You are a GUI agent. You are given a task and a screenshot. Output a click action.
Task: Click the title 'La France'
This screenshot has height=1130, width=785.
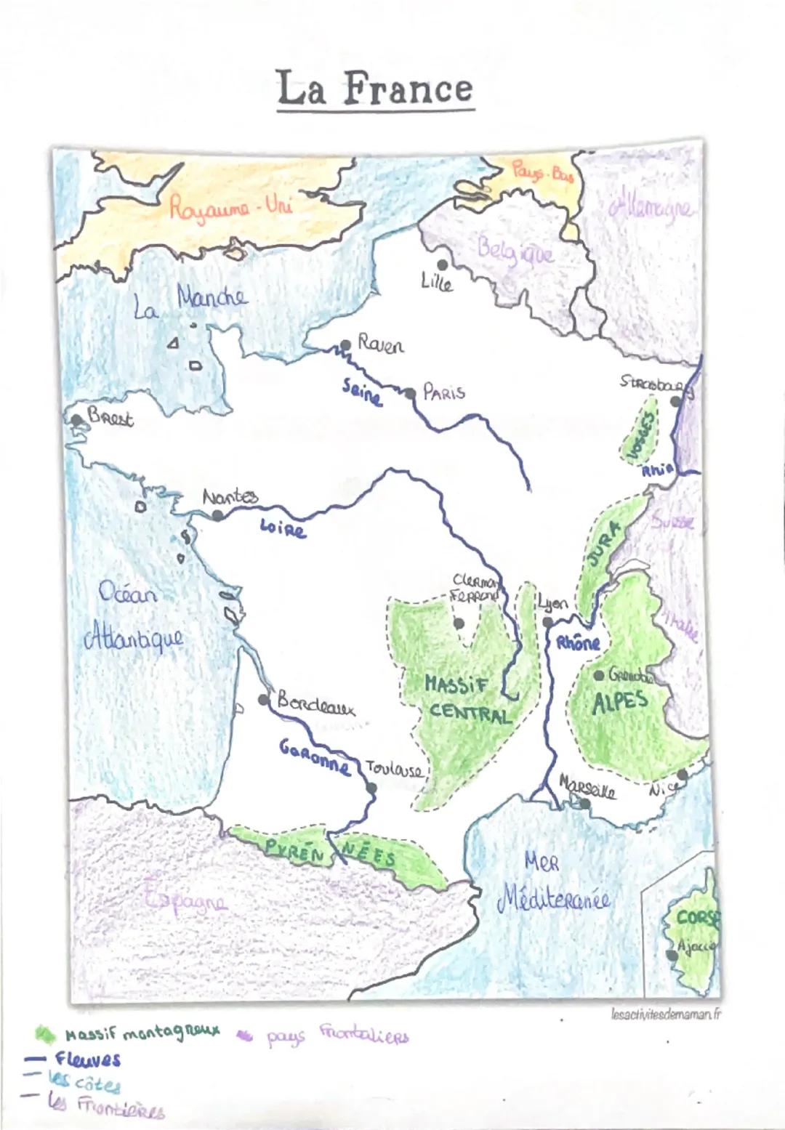374,89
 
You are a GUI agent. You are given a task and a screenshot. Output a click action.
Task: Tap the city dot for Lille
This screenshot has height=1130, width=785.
441,265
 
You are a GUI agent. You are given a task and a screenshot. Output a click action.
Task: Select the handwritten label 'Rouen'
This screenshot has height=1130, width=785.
380,344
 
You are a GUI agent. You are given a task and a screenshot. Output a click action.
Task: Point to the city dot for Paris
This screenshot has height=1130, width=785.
411,393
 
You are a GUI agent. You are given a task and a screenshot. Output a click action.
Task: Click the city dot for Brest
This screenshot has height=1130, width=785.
76,420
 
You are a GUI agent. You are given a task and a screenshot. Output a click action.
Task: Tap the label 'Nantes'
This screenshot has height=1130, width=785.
230,497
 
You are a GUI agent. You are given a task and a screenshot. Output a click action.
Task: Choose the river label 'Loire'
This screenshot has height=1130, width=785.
283,528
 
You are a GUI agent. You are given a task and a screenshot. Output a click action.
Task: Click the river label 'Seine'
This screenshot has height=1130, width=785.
362,393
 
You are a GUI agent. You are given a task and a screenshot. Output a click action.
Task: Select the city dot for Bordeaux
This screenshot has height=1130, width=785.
263,699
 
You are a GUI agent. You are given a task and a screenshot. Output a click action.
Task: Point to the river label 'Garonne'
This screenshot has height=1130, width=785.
314,756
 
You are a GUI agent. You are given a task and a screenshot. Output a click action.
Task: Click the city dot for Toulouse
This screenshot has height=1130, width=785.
371,787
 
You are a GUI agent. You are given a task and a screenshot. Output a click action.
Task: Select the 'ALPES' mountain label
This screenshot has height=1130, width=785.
619,703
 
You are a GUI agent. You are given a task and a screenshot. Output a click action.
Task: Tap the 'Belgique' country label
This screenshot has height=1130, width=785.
515,251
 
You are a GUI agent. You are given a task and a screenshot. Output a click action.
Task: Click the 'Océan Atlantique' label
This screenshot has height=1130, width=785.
132,618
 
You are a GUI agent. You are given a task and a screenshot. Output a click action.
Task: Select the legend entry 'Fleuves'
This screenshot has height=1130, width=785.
87,1059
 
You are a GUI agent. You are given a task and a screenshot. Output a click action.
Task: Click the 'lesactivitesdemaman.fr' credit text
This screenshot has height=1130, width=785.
666,1014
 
